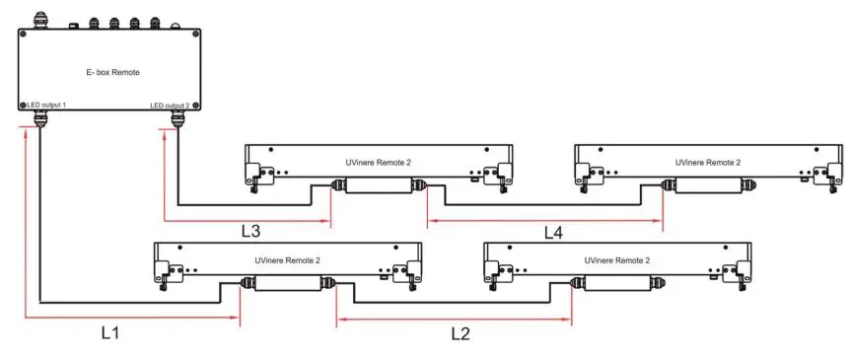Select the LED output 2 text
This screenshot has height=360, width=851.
[x=171, y=105]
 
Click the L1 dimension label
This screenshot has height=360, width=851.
[x=111, y=333]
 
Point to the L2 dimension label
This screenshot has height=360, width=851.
[x=460, y=333]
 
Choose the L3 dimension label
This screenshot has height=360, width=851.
[x=251, y=231]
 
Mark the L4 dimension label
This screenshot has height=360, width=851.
[x=554, y=233]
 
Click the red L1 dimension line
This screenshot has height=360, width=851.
[x=128, y=318]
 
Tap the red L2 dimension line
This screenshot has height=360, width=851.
[x=454, y=318]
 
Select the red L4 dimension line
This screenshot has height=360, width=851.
[x=544, y=218]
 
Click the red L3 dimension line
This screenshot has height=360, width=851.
[x=247, y=218]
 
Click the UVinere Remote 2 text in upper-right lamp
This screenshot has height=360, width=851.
[x=707, y=162]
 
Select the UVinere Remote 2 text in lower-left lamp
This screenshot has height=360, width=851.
[x=287, y=260]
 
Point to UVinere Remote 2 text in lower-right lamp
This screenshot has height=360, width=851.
[x=616, y=260]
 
